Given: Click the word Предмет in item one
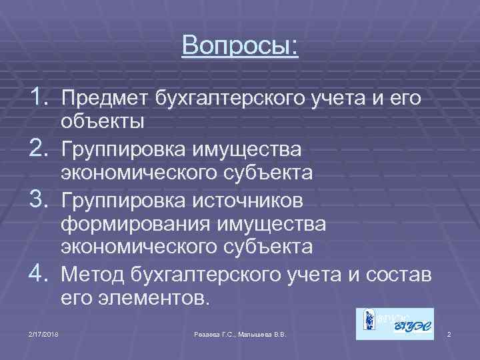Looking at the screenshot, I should pos(105,100).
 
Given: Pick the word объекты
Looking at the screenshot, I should pos(101,124).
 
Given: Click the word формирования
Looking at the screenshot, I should pos(129,223).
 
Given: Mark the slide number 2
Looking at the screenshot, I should pos(449,333).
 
